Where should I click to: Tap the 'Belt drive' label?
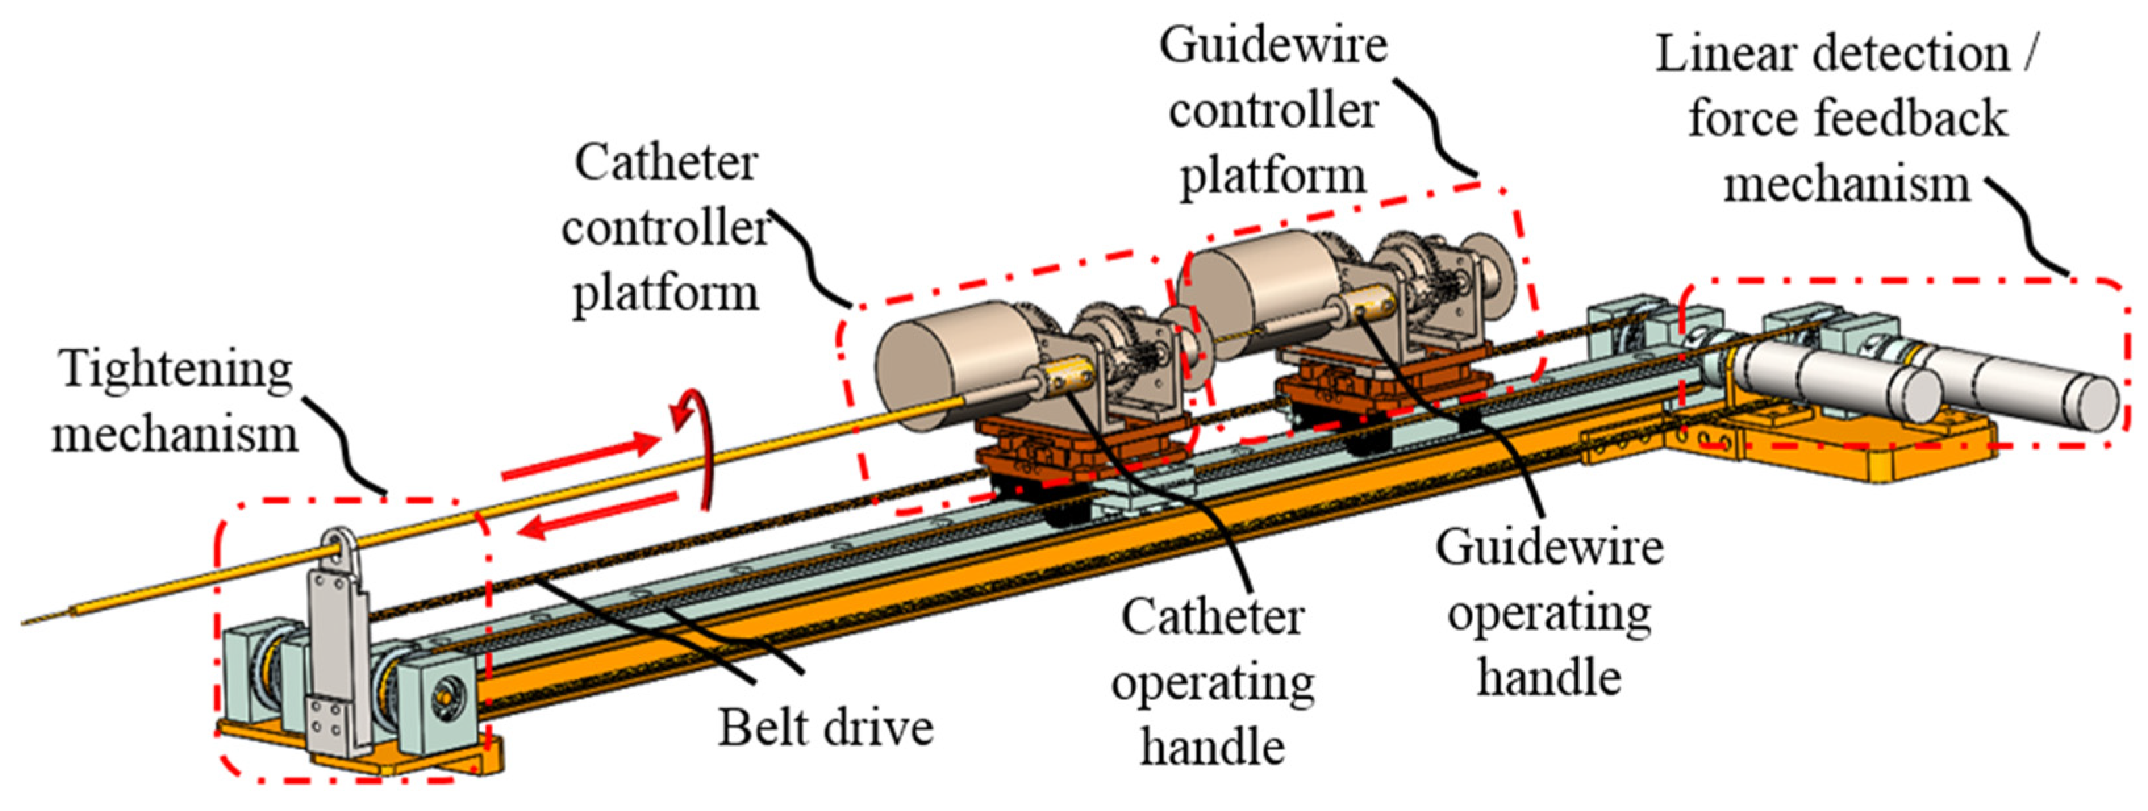pos(825,727)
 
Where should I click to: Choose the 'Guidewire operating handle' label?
pos(1550,612)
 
